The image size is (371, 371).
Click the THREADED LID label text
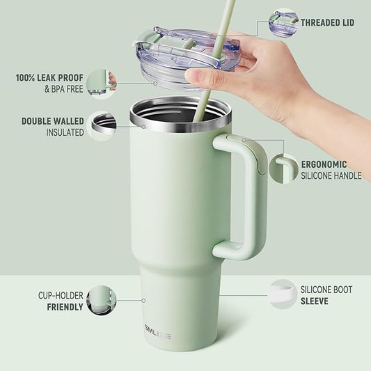tap(327, 23)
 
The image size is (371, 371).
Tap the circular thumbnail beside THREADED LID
tap(283, 22)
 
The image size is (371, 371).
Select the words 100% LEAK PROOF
tap(48, 77)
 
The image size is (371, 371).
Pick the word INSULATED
tap(65, 132)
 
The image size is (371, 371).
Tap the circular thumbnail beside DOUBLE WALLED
tap(103, 126)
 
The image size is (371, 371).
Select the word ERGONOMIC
tap(324, 164)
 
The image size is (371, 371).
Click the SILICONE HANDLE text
tap(331, 176)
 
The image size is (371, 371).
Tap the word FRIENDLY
tap(65, 307)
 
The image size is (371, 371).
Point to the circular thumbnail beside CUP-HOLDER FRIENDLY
tap(102, 300)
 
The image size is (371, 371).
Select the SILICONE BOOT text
tap(326, 290)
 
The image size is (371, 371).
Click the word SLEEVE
tap(315, 301)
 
